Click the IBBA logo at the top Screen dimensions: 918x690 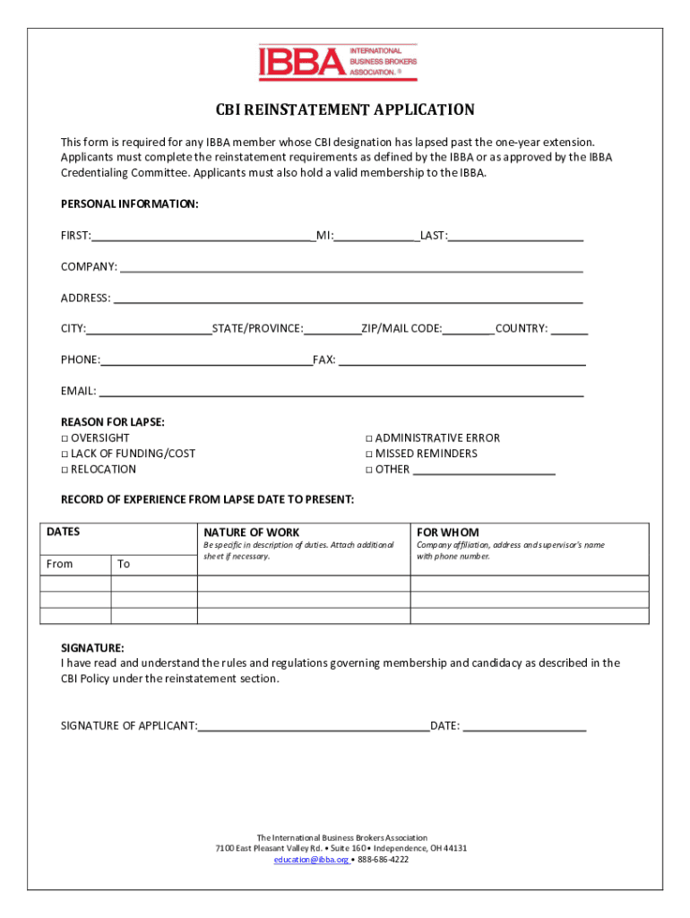click(338, 63)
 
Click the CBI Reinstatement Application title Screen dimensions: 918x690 click(345, 110)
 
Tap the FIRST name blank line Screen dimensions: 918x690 click(203, 237)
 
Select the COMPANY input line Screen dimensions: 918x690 click(351, 267)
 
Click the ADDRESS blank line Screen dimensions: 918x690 click(348, 299)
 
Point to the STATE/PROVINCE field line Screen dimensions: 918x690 click(332, 330)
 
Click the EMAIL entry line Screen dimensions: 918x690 click(341, 392)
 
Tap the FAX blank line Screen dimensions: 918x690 click(461, 360)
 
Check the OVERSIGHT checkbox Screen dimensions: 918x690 click(65, 438)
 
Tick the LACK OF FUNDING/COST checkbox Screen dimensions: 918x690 click(65, 454)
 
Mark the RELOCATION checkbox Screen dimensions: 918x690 click(65, 470)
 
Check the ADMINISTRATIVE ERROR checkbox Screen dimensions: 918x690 click(368, 438)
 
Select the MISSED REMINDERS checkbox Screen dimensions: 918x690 click(368, 454)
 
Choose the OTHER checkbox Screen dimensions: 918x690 click(368, 470)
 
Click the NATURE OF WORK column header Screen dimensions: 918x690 click(252, 533)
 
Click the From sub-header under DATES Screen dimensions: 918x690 click(60, 564)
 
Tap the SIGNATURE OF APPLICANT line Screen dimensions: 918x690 click(314, 727)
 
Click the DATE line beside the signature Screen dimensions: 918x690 click(524, 727)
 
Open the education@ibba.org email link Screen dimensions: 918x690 click(311, 859)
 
